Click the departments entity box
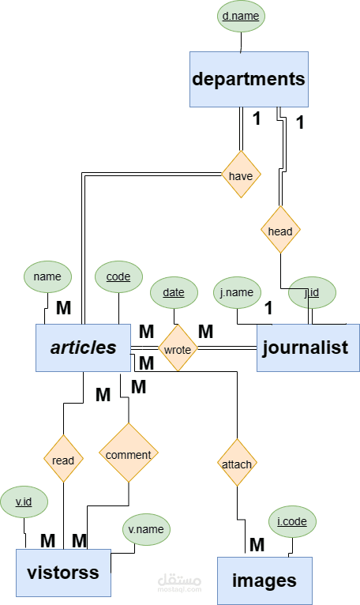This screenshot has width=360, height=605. pos(248,79)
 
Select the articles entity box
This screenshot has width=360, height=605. pos(83,348)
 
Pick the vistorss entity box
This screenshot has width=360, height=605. pos(63,572)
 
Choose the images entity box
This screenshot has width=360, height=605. pos(264,581)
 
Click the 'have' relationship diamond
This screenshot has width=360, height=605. pos(241,175)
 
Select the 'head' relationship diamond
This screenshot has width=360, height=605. pos(280,231)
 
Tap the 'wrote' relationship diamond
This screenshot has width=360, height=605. pos(178,348)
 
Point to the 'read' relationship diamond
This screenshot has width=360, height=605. pos(63,460)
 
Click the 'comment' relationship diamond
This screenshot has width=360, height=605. pos(128,454)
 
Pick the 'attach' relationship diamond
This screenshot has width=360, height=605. pos(237,464)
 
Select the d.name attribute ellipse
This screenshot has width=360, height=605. pos(241,16)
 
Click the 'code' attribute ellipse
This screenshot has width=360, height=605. pos(118,277)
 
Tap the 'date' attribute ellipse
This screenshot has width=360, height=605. pos(174,292)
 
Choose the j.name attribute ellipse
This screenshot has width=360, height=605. pos(238,292)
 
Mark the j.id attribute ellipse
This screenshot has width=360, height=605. pos(312,292)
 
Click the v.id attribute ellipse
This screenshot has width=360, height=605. pos(24,501)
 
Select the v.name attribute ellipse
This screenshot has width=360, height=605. pos(146,529)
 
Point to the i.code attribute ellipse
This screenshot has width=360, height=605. pos(293,521)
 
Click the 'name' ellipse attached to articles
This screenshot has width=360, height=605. pos(47,276)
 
